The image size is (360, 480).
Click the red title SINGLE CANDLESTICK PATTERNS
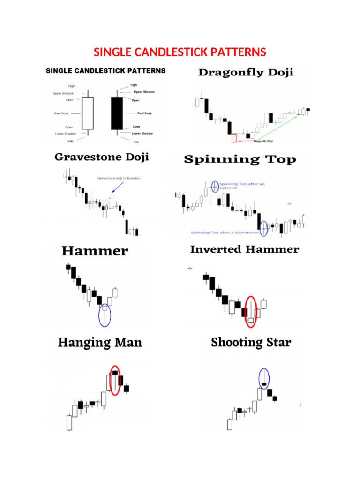[x=180, y=52]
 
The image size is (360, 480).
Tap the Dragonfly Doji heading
[x=247, y=73]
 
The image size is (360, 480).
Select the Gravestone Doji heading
[x=102, y=157]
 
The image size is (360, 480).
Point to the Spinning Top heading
[x=240, y=160]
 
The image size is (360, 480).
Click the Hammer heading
[x=95, y=251]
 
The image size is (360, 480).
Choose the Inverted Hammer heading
[x=244, y=249]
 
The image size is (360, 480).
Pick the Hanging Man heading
[x=99, y=343]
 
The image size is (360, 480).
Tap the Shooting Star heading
[x=251, y=342]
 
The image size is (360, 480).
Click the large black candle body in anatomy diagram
[x=117, y=113]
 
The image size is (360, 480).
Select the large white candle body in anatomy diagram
[x=88, y=113]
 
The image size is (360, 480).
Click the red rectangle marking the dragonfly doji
[x=234, y=137]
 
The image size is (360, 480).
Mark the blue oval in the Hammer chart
[x=105, y=315]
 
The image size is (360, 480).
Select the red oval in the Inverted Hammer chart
[x=251, y=312]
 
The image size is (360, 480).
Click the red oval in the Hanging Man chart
[x=115, y=380]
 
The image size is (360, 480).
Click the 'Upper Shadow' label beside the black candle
[x=144, y=92]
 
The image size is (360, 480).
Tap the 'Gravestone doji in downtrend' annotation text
[x=119, y=178]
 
